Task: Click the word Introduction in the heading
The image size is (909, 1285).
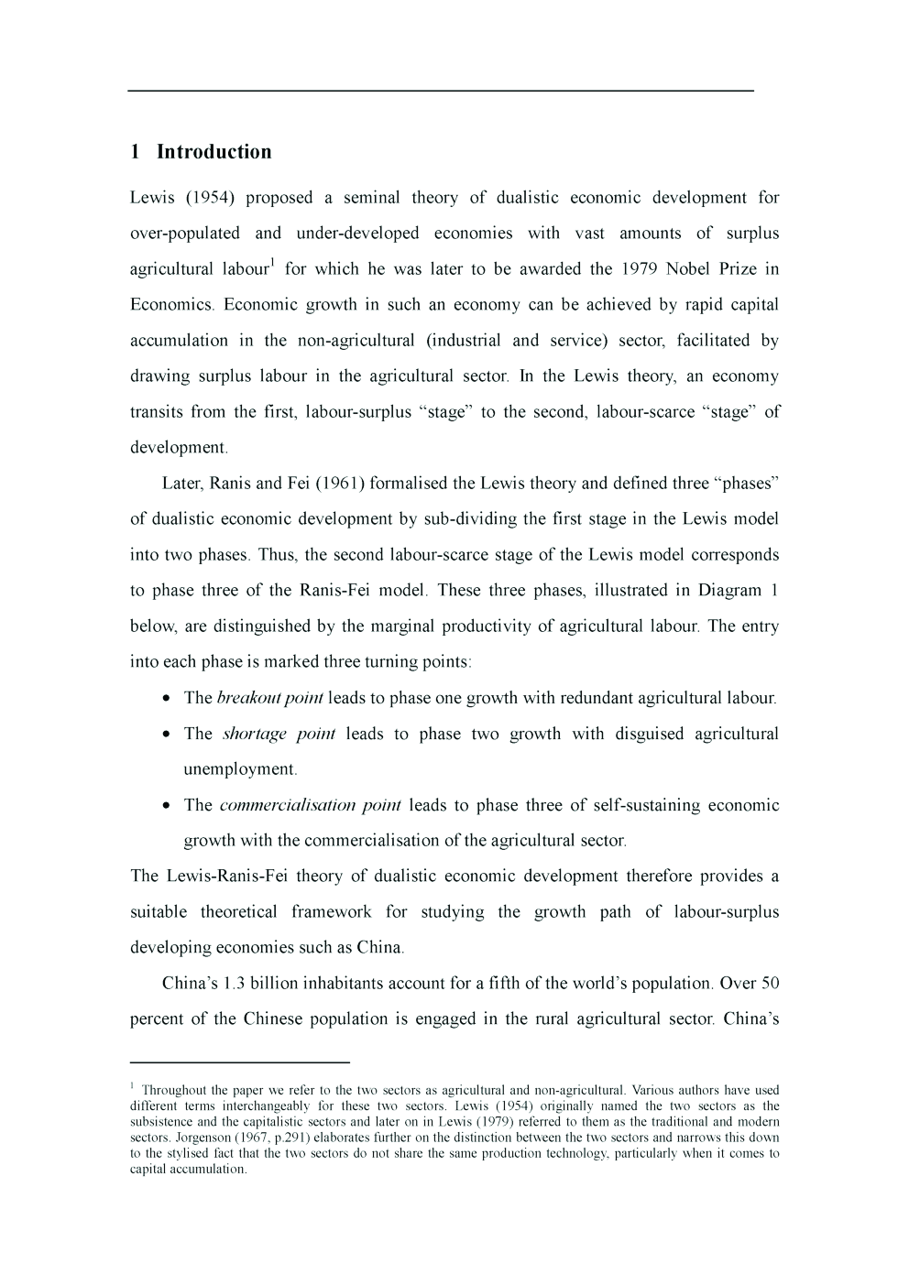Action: coord(214,152)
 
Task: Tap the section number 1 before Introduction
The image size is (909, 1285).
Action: coord(135,152)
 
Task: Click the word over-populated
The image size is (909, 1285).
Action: coord(184,234)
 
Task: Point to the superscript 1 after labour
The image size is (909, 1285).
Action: coord(272,264)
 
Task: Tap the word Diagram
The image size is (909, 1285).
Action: coord(729,591)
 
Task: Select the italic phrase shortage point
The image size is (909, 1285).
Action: coord(279,734)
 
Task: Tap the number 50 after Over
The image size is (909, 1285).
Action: coord(770,984)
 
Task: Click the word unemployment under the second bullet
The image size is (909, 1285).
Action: coord(239,769)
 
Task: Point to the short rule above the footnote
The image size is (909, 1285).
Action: coord(240,1062)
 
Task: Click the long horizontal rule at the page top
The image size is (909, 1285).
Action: coord(440,91)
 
